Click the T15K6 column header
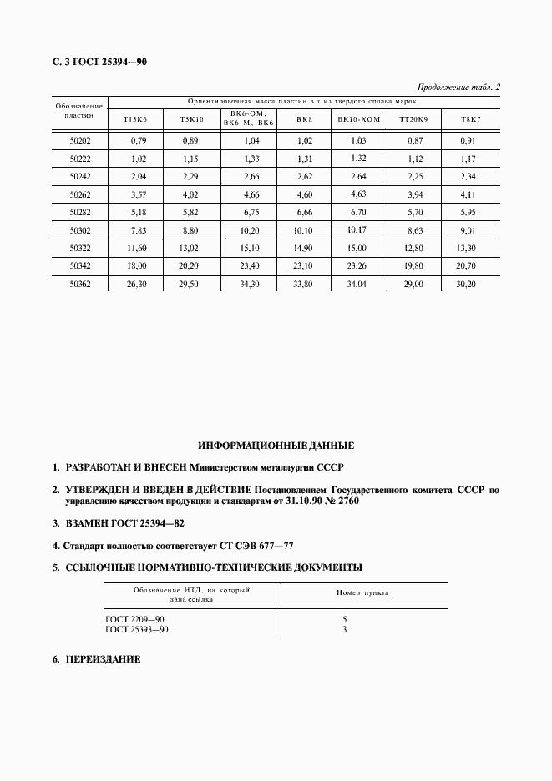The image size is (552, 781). [134, 119]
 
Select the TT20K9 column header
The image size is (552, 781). [413, 119]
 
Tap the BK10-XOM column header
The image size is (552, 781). [359, 119]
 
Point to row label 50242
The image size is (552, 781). [80, 176]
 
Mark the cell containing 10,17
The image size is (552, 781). [359, 229]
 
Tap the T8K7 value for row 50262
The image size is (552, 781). [468, 194]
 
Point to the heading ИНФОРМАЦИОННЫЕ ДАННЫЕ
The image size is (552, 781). [276, 445]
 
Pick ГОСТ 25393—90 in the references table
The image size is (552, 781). [139, 629]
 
